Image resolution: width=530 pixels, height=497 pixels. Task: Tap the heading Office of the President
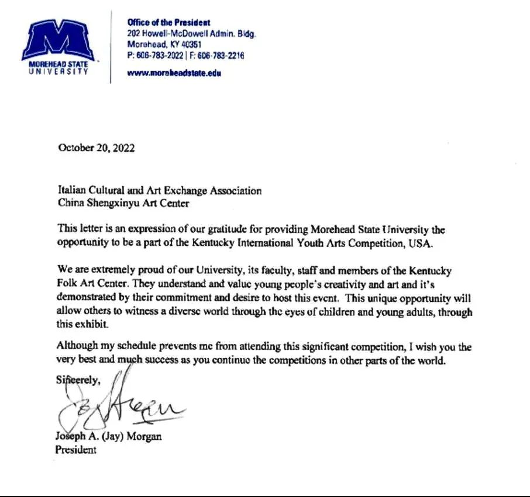(168, 22)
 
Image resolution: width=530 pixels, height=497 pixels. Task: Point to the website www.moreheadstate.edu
(174, 74)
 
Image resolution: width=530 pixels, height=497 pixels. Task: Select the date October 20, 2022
(97, 148)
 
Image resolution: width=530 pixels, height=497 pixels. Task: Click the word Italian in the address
(71, 190)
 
